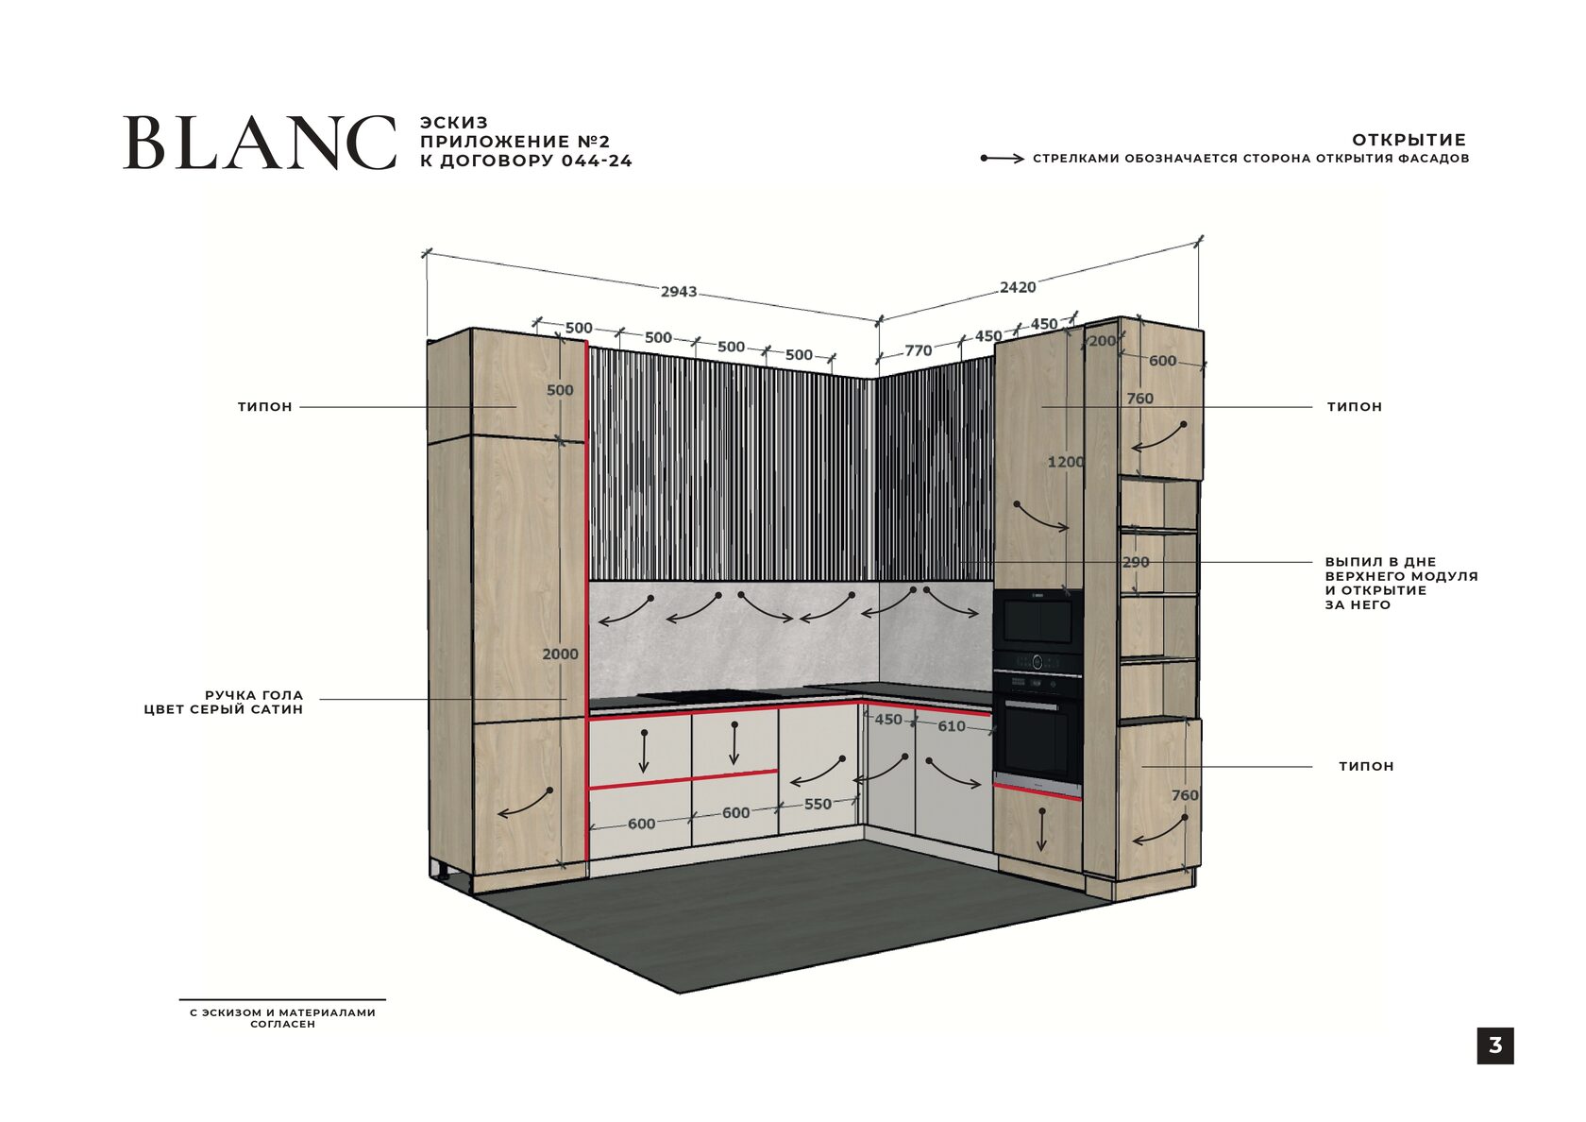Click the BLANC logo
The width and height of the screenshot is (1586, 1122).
pos(260,144)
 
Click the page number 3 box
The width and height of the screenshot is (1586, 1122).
pos(1494,1045)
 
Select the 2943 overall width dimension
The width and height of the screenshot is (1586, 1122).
pos(678,291)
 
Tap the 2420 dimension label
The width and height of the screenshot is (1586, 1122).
pos(1018,287)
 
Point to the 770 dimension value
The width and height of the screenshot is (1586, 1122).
pos(918,350)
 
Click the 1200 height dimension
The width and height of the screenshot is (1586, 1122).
pos(1065,462)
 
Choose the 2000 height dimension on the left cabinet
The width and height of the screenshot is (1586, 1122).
pos(560,654)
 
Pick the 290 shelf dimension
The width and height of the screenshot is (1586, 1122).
pos(1136,562)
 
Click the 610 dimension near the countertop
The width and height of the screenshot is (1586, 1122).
pos(951,726)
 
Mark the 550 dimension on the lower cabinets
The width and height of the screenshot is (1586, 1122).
pos(818,804)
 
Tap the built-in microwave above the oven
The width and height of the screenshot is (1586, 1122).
pos(1038,620)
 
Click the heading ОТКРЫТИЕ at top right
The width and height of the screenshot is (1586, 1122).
pos(1409,140)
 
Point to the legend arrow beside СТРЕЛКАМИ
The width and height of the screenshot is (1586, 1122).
pos(1002,159)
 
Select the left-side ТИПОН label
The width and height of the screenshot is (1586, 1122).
pos(265,407)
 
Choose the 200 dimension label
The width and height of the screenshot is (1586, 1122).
pos(1102,341)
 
